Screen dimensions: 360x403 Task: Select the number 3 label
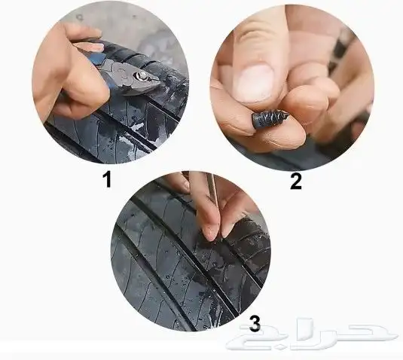(x=255, y=325)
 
